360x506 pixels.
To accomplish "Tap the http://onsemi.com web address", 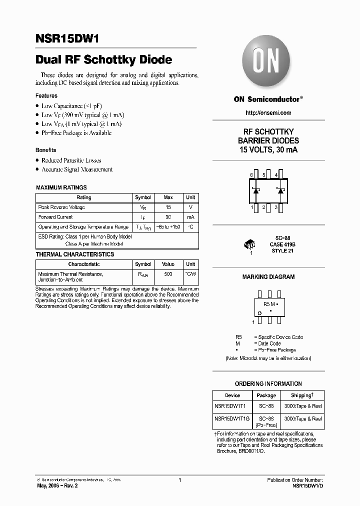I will pyautogui.click(x=268, y=113).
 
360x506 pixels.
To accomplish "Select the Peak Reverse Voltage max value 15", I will pyautogui.click(x=168, y=207).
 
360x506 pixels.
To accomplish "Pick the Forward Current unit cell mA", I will pyautogui.click(x=190, y=217).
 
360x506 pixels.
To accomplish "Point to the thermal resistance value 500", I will pyautogui.click(x=168, y=274).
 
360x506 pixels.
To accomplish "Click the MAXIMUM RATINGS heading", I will pyautogui.click(x=61, y=187).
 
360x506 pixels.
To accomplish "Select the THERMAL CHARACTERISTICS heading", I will pyautogui.click(x=75, y=254).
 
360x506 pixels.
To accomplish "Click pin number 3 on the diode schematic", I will pyautogui.click(x=275, y=206).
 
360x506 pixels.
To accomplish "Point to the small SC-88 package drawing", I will pyautogui.click(x=250, y=245).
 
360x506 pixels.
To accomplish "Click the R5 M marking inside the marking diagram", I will pyautogui.click(x=270, y=303).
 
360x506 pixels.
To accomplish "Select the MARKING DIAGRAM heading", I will pyautogui.click(x=268, y=277).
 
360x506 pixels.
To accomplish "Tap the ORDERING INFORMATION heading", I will pyautogui.click(x=268, y=384).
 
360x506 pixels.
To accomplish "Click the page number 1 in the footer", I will pyautogui.click(x=179, y=480).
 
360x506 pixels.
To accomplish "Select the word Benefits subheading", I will pyautogui.click(x=46, y=150).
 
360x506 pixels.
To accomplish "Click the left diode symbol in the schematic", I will pyautogui.click(x=255, y=190).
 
